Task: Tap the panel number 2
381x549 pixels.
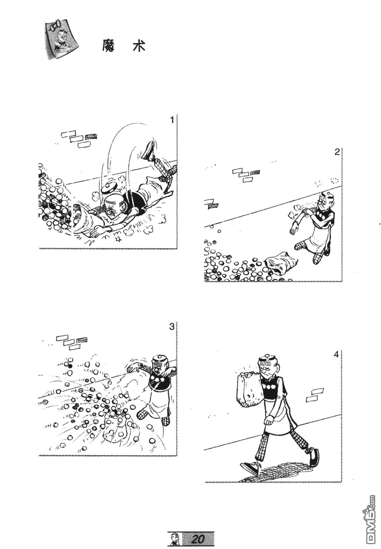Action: pos(337,152)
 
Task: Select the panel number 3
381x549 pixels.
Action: pos(172,327)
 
